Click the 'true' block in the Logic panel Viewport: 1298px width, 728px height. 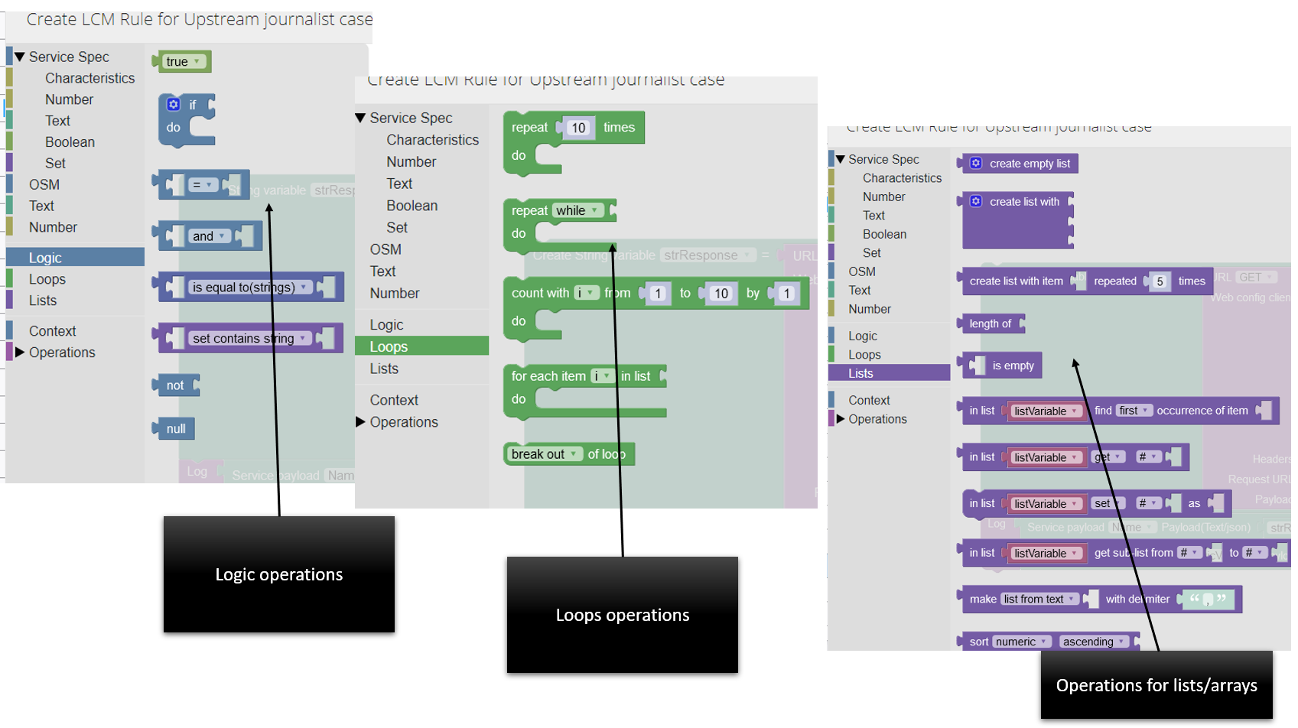(x=181, y=62)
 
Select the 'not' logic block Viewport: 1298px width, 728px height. (x=175, y=385)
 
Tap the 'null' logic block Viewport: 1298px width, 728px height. (x=176, y=429)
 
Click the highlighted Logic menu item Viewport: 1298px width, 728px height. (x=74, y=258)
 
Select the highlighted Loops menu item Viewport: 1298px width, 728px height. (x=421, y=346)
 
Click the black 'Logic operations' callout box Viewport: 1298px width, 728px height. (x=278, y=574)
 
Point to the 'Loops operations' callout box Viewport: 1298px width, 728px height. (x=622, y=615)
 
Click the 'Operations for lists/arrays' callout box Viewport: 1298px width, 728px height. (x=1156, y=685)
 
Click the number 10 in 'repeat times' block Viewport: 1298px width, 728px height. (x=578, y=128)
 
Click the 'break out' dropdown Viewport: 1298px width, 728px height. (x=544, y=454)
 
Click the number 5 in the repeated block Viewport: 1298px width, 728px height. (x=1160, y=281)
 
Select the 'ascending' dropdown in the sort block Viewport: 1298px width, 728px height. (x=1092, y=642)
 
